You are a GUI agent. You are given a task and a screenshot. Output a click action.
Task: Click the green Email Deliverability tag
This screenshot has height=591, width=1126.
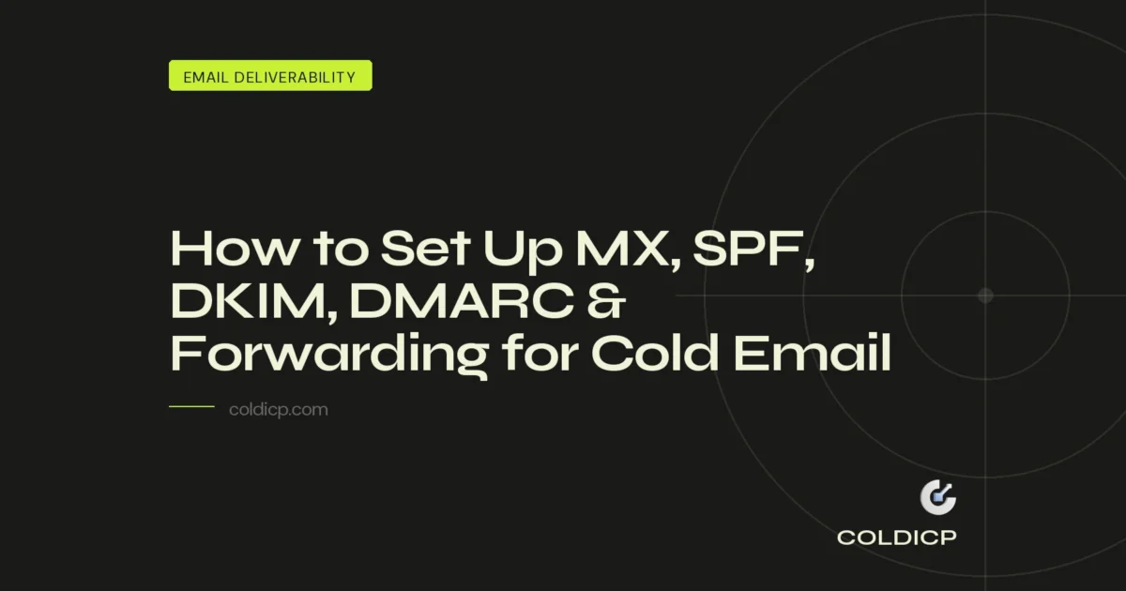coord(270,76)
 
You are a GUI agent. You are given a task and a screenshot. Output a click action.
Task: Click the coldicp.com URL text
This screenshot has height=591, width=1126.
coord(278,410)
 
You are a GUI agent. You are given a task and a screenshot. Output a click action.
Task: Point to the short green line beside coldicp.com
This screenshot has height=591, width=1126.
coord(191,407)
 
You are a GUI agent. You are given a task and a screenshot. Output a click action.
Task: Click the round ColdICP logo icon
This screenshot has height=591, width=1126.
coord(937,498)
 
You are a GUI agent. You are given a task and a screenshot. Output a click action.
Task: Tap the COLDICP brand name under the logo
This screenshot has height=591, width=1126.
coord(897,538)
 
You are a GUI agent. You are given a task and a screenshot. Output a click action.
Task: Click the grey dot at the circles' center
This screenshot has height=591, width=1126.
coord(985,295)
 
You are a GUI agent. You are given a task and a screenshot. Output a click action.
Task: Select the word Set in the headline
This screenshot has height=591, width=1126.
coord(427,250)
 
